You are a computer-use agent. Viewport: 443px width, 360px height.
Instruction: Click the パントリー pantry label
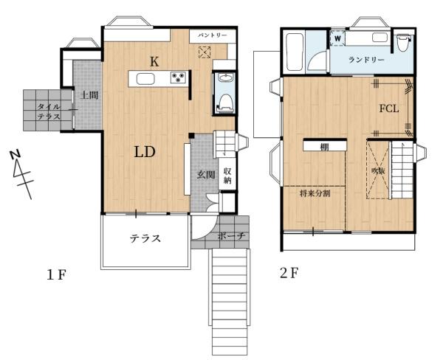pos(212,35)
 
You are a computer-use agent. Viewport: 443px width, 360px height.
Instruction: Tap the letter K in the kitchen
pos(154,61)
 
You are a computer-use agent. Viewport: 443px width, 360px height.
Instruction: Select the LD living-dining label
pos(145,152)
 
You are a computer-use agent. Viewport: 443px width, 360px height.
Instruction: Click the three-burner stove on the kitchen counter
pos(179,77)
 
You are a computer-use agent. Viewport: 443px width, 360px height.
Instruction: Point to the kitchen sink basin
pos(145,79)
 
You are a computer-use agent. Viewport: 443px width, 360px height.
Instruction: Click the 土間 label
pos(89,95)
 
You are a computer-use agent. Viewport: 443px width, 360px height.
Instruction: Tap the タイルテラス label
pos(49,111)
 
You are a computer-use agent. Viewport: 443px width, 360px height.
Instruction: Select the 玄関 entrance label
pos(206,175)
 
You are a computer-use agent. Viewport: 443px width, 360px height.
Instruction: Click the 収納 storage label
pos(227,176)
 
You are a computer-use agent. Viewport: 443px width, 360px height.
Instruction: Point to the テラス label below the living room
pos(145,238)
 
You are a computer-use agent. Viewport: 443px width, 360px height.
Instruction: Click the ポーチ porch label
pos(231,236)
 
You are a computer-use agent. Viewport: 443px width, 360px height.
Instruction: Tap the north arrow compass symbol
pos(22,175)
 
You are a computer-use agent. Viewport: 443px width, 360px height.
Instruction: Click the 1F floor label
pos(57,274)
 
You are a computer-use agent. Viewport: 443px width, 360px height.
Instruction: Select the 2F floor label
pos(289,273)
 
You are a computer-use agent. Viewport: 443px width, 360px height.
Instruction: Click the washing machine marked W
pos(337,38)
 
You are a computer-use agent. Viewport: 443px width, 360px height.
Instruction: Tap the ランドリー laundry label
pos(366,60)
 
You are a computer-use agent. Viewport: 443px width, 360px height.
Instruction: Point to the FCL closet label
pos(389,108)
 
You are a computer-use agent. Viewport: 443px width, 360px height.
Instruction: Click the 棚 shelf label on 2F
pos(324,147)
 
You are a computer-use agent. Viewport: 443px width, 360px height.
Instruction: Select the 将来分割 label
pos(315,194)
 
